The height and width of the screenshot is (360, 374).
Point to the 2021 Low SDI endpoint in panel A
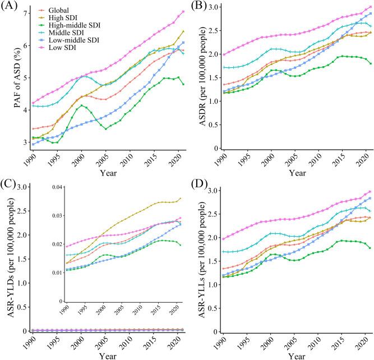point(183,11)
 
